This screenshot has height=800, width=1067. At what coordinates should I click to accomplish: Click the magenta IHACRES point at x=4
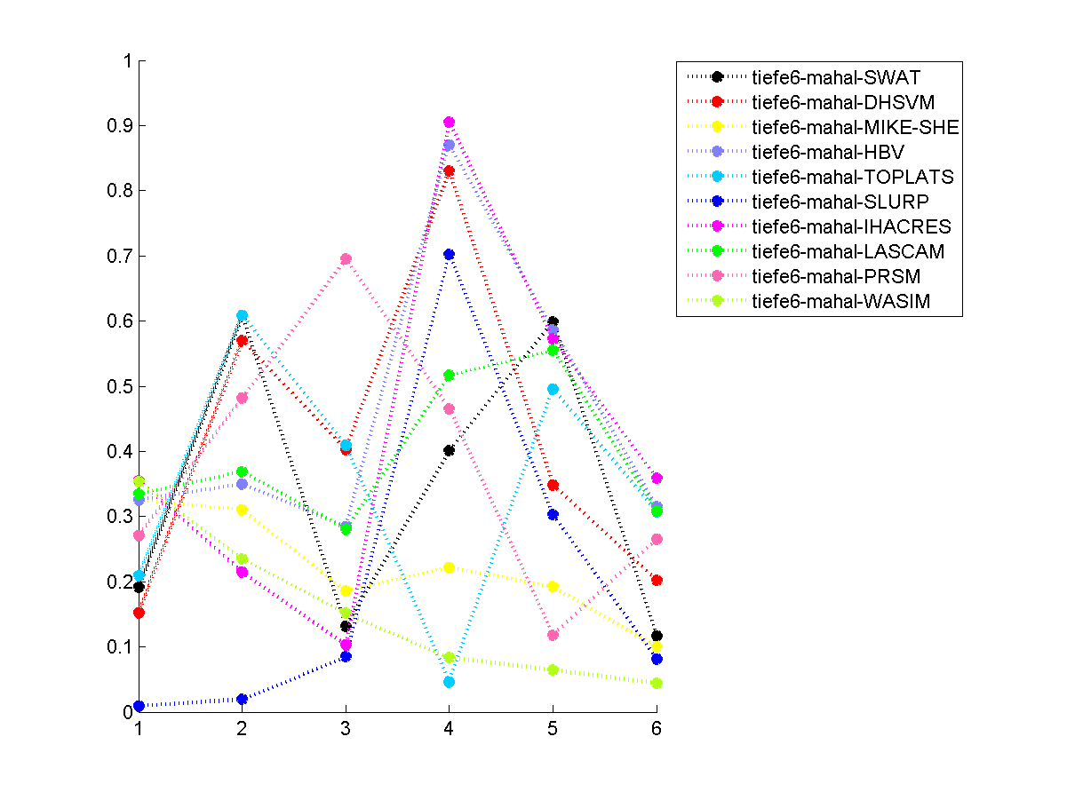point(449,123)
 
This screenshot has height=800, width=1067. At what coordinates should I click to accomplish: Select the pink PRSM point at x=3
point(346,259)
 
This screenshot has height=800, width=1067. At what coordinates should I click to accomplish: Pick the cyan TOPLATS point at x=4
point(449,682)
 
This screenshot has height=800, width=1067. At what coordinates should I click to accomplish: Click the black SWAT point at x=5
point(553,321)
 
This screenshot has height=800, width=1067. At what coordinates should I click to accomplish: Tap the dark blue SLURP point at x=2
point(242,699)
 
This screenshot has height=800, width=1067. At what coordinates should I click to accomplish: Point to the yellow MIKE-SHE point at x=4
point(449,567)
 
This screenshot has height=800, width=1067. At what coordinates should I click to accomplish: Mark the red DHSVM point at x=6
point(657,580)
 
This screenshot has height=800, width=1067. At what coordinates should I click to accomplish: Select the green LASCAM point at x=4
point(449,376)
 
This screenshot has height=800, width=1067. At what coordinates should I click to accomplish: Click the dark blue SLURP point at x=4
point(449,255)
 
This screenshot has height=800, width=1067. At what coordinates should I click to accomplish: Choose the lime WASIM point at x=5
point(553,669)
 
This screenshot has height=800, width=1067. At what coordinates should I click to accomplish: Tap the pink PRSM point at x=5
point(553,635)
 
